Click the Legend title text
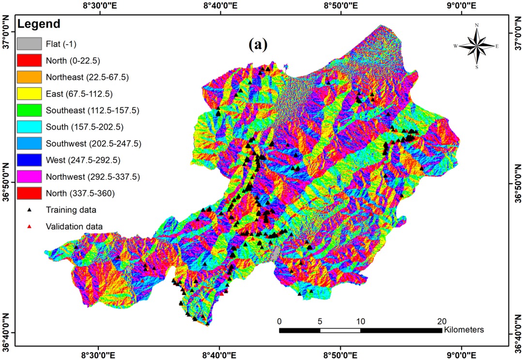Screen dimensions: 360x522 click(39, 24)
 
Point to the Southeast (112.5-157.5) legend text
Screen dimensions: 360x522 click(92, 110)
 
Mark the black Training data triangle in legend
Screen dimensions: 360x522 click(30, 210)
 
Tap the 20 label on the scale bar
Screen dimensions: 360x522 click(441, 321)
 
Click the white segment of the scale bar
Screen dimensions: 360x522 click(340, 330)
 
